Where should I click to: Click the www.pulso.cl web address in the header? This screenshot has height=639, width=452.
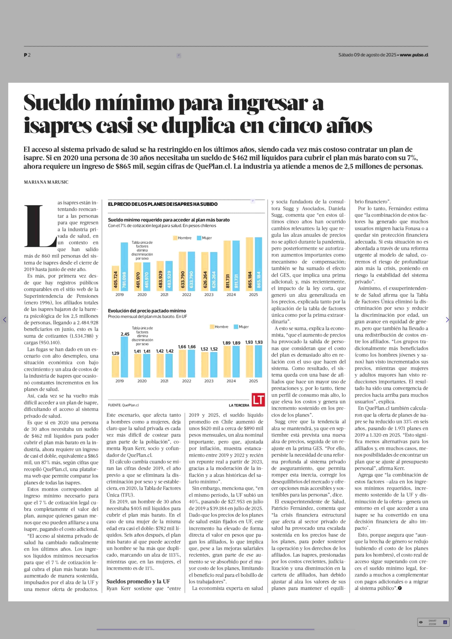[x=414, y=55]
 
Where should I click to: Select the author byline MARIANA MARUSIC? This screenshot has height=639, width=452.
[x=46, y=182]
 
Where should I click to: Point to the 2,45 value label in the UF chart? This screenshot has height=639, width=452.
[x=125, y=334]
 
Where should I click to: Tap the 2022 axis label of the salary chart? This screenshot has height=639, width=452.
[x=186, y=295]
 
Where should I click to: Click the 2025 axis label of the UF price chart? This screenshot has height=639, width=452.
[x=253, y=381]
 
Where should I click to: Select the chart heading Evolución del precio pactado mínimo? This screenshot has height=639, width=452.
[x=147, y=311]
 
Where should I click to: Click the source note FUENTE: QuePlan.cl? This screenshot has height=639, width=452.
[x=123, y=405]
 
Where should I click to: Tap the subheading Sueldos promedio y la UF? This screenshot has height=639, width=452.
[x=138, y=581]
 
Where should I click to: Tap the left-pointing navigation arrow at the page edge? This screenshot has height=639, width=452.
[x=5, y=320]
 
